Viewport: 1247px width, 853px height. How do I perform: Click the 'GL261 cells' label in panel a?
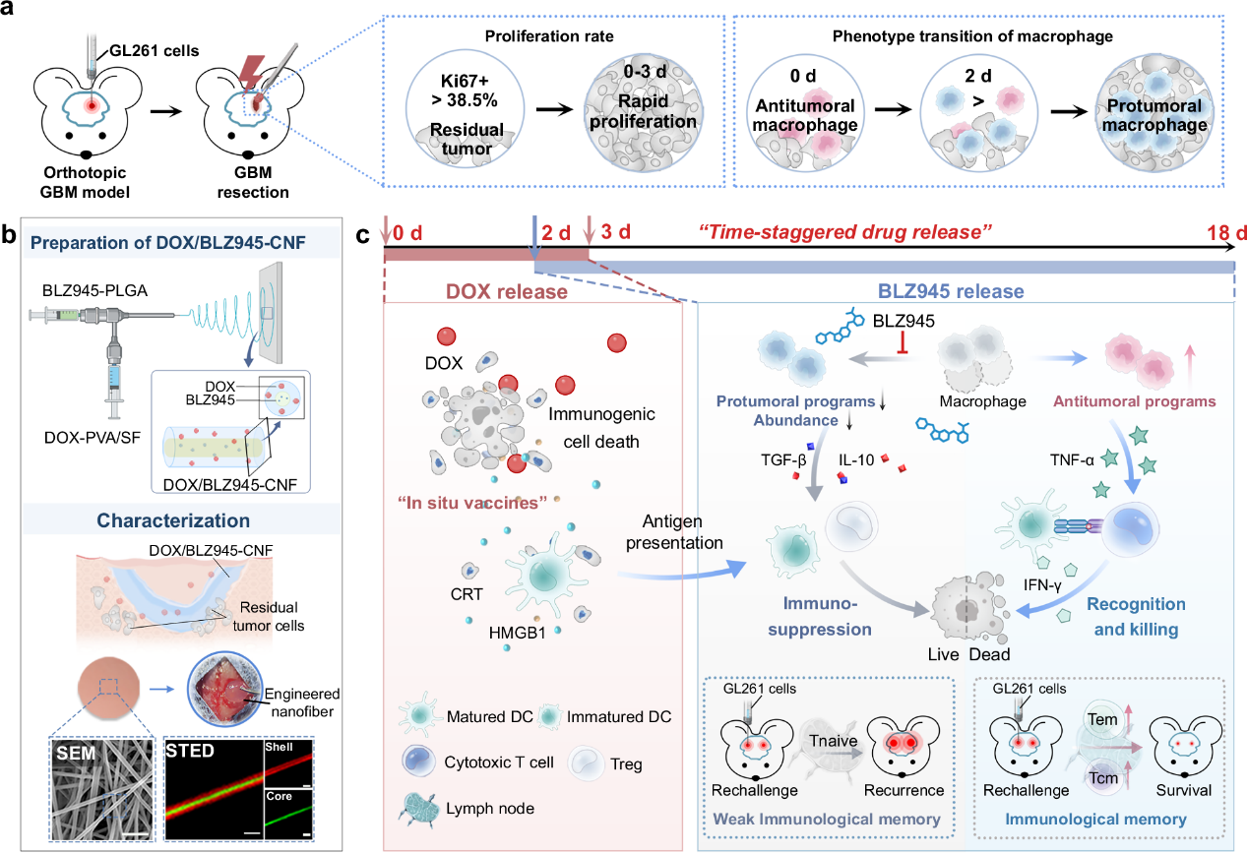pos(155,50)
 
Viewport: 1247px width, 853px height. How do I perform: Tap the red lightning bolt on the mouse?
pos(251,74)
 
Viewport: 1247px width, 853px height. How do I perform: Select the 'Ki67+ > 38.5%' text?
pos(465,91)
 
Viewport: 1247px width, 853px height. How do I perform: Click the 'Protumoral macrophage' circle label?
pos(1154,115)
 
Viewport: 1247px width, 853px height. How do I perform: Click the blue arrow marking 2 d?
pos(534,237)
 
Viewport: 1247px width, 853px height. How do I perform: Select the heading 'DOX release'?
pos(507,291)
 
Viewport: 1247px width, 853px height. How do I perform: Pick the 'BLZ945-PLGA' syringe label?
pos(94,291)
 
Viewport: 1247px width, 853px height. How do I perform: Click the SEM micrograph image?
pos(102,789)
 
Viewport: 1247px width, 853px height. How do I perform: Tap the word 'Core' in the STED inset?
pos(279,796)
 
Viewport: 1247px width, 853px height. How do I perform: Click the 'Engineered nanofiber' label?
pos(302,702)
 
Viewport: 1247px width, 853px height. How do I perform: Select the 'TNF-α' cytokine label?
pos(1072,460)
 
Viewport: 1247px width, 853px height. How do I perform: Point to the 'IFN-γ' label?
pos(1042,585)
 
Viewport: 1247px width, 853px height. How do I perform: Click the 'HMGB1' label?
pos(517,634)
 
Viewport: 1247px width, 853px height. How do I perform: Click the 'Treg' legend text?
pos(626,764)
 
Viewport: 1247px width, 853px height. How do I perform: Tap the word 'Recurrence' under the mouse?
pos(904,790)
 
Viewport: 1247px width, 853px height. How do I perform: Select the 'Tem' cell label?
pos(1102,719)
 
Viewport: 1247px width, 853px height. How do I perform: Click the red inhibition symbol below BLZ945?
pos(903,342)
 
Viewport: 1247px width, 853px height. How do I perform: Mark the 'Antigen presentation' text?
pos(674,532)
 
